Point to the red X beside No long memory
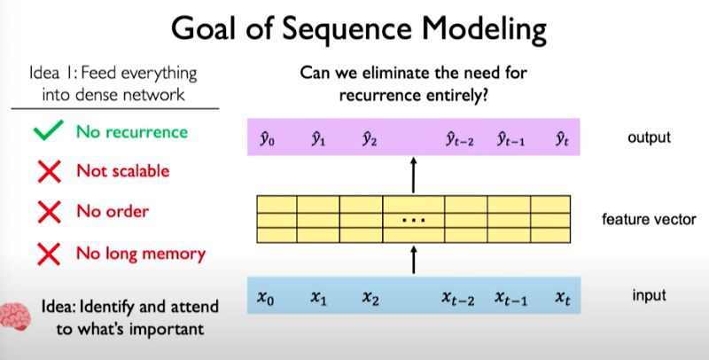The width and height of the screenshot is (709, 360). (50, 254)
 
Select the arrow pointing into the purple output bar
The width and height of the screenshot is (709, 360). (414, 175)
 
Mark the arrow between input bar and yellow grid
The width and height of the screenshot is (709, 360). (414, 260)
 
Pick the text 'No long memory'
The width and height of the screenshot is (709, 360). (140, 254)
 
